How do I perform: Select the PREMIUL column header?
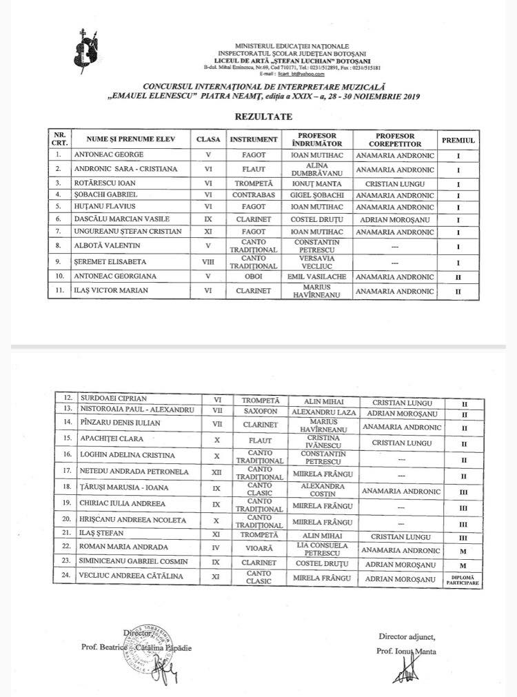click(x=458, y=139)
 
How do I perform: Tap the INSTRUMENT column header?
click(x=254, y=139)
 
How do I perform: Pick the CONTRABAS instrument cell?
click(x=254, y=195)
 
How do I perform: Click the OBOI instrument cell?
click(x=254, y=276)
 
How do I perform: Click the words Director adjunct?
click(x=407, y=635)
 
